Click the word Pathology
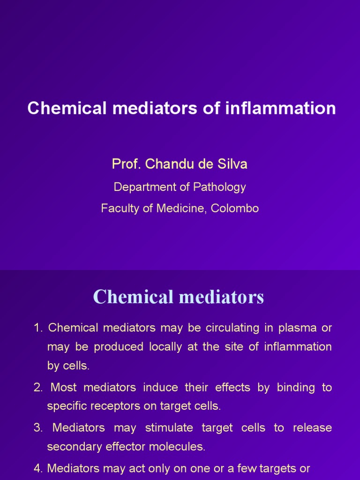pyautogui.click(x=219, y=187)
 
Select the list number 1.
pyautogui.click(x=37, y=328)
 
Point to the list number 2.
pyautogui.click(x=37, y=388)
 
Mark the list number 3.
pyautogui.click(x=37, y=428)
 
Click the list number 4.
pyautogui.click(x=37, y=468)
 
